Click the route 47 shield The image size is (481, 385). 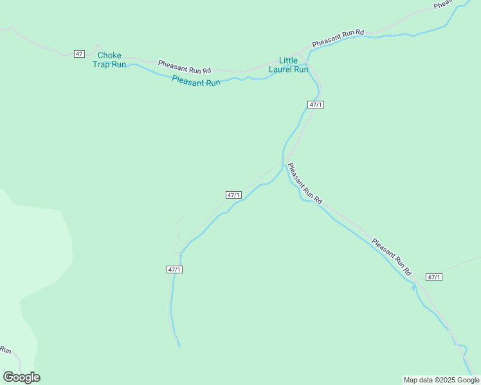click(79, 53)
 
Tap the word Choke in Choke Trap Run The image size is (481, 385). click(109, 55)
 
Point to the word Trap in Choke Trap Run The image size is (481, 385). click(102, 64)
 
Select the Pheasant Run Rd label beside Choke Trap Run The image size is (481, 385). click(185, 66)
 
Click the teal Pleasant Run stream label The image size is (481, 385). click(196, 81)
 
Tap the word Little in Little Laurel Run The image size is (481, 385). click(288, 60)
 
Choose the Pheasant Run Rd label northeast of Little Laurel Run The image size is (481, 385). click(338, 38)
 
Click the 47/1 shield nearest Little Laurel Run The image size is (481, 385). click(315, 105)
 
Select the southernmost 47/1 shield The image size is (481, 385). click(174, 269)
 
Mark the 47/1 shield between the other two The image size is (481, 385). click(233, 195)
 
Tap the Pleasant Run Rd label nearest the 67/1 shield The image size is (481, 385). click(391, 257)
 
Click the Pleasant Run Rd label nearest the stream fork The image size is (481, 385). click(304, 184)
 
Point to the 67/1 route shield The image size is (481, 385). click(434, 277)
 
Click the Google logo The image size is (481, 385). click(21, 377)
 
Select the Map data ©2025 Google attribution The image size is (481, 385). click(441, 380)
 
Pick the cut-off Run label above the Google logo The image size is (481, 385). click(5, 350)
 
